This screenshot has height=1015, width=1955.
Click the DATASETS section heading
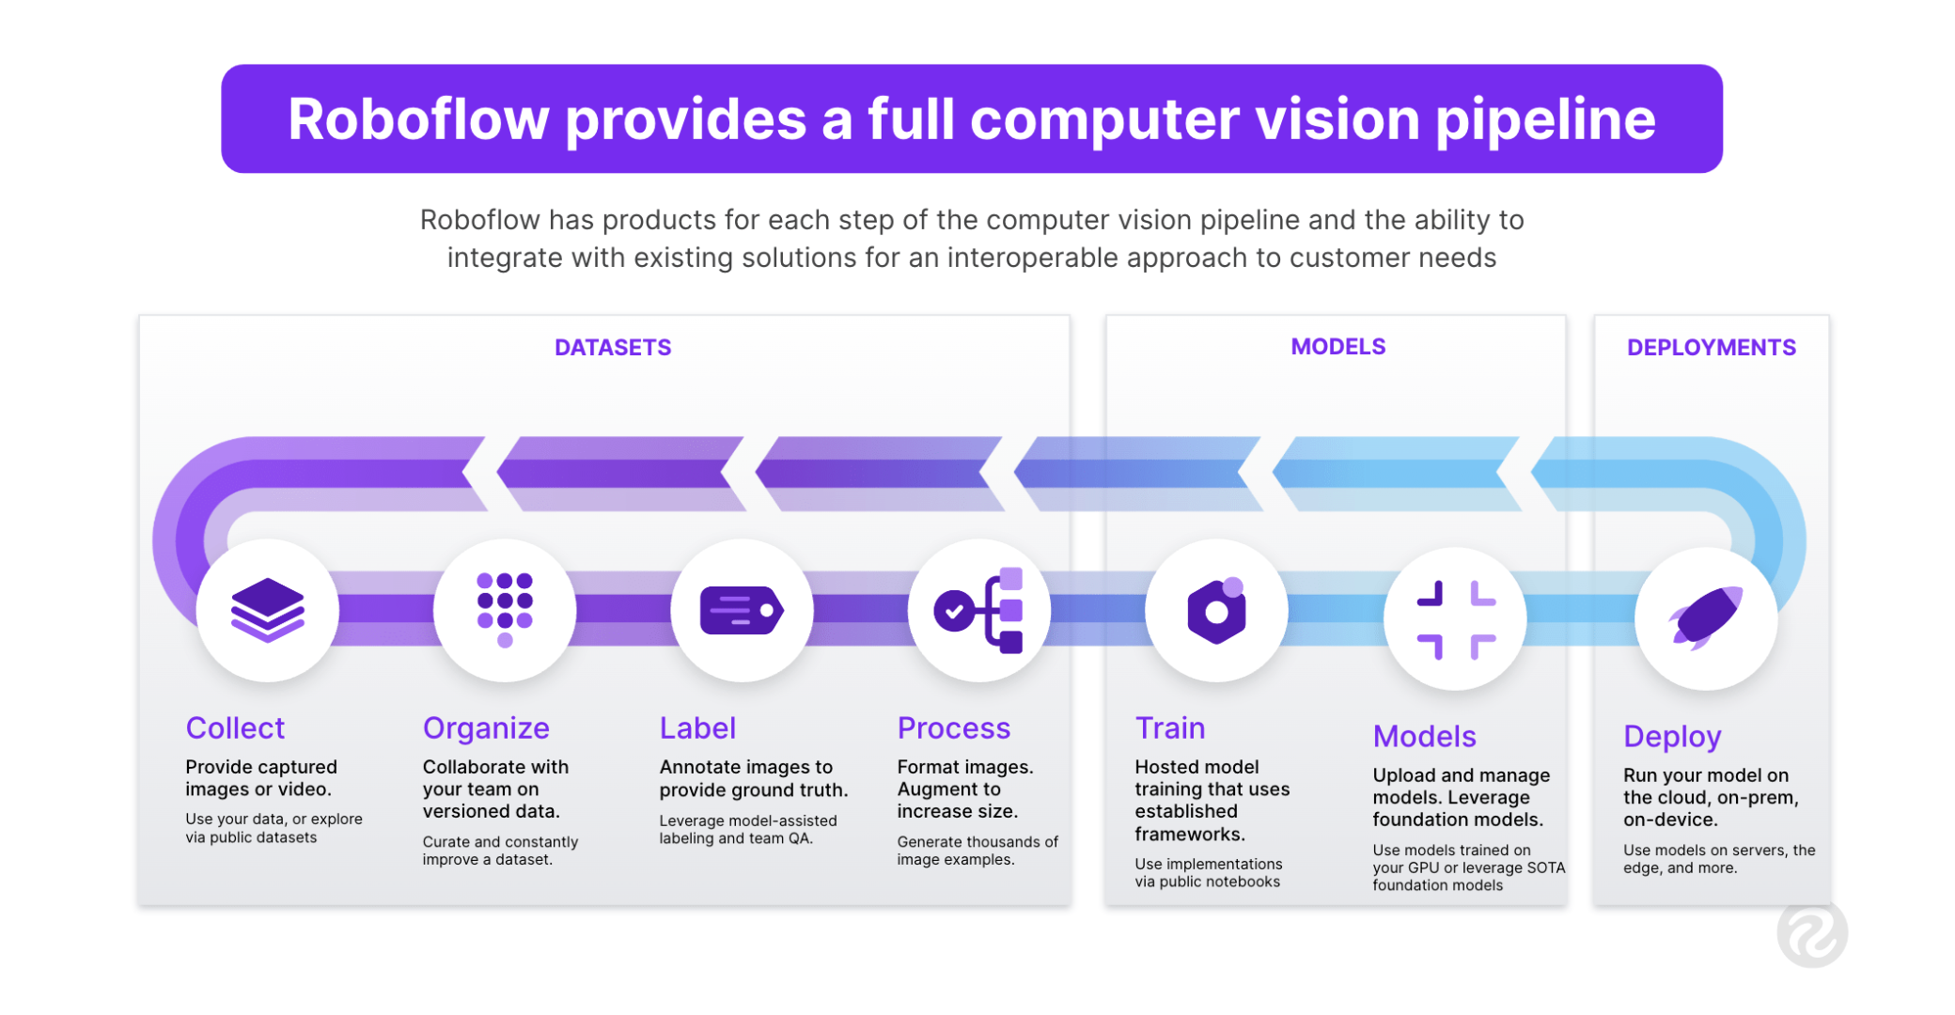(613, 348)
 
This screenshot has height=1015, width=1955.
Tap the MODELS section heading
(1337, 347)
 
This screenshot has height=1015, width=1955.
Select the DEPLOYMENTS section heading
(1711, 348)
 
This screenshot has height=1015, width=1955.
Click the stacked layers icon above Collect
(268, 610)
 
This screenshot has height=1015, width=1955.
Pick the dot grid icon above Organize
(505, 610)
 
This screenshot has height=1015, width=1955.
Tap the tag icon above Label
(743, 611)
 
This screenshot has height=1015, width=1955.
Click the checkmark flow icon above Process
(978, 610)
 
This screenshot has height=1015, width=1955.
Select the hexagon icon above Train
(1217, 611)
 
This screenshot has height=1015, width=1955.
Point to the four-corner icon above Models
(1456, 620)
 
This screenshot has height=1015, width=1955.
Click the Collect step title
(235, 728)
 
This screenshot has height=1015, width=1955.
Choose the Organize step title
(486, 729)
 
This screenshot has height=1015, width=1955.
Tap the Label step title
(697, 728)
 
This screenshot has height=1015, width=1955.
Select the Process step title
(954, 728)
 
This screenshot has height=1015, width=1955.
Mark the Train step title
(1170, 728)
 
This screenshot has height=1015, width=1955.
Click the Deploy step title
(1672, 738)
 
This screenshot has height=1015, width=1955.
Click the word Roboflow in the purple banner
(418, 119)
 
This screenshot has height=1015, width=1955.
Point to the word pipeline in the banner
(1545, 121)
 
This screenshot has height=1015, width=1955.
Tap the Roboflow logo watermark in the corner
(1812, 933)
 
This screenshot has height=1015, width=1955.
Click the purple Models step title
(1424, 737)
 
